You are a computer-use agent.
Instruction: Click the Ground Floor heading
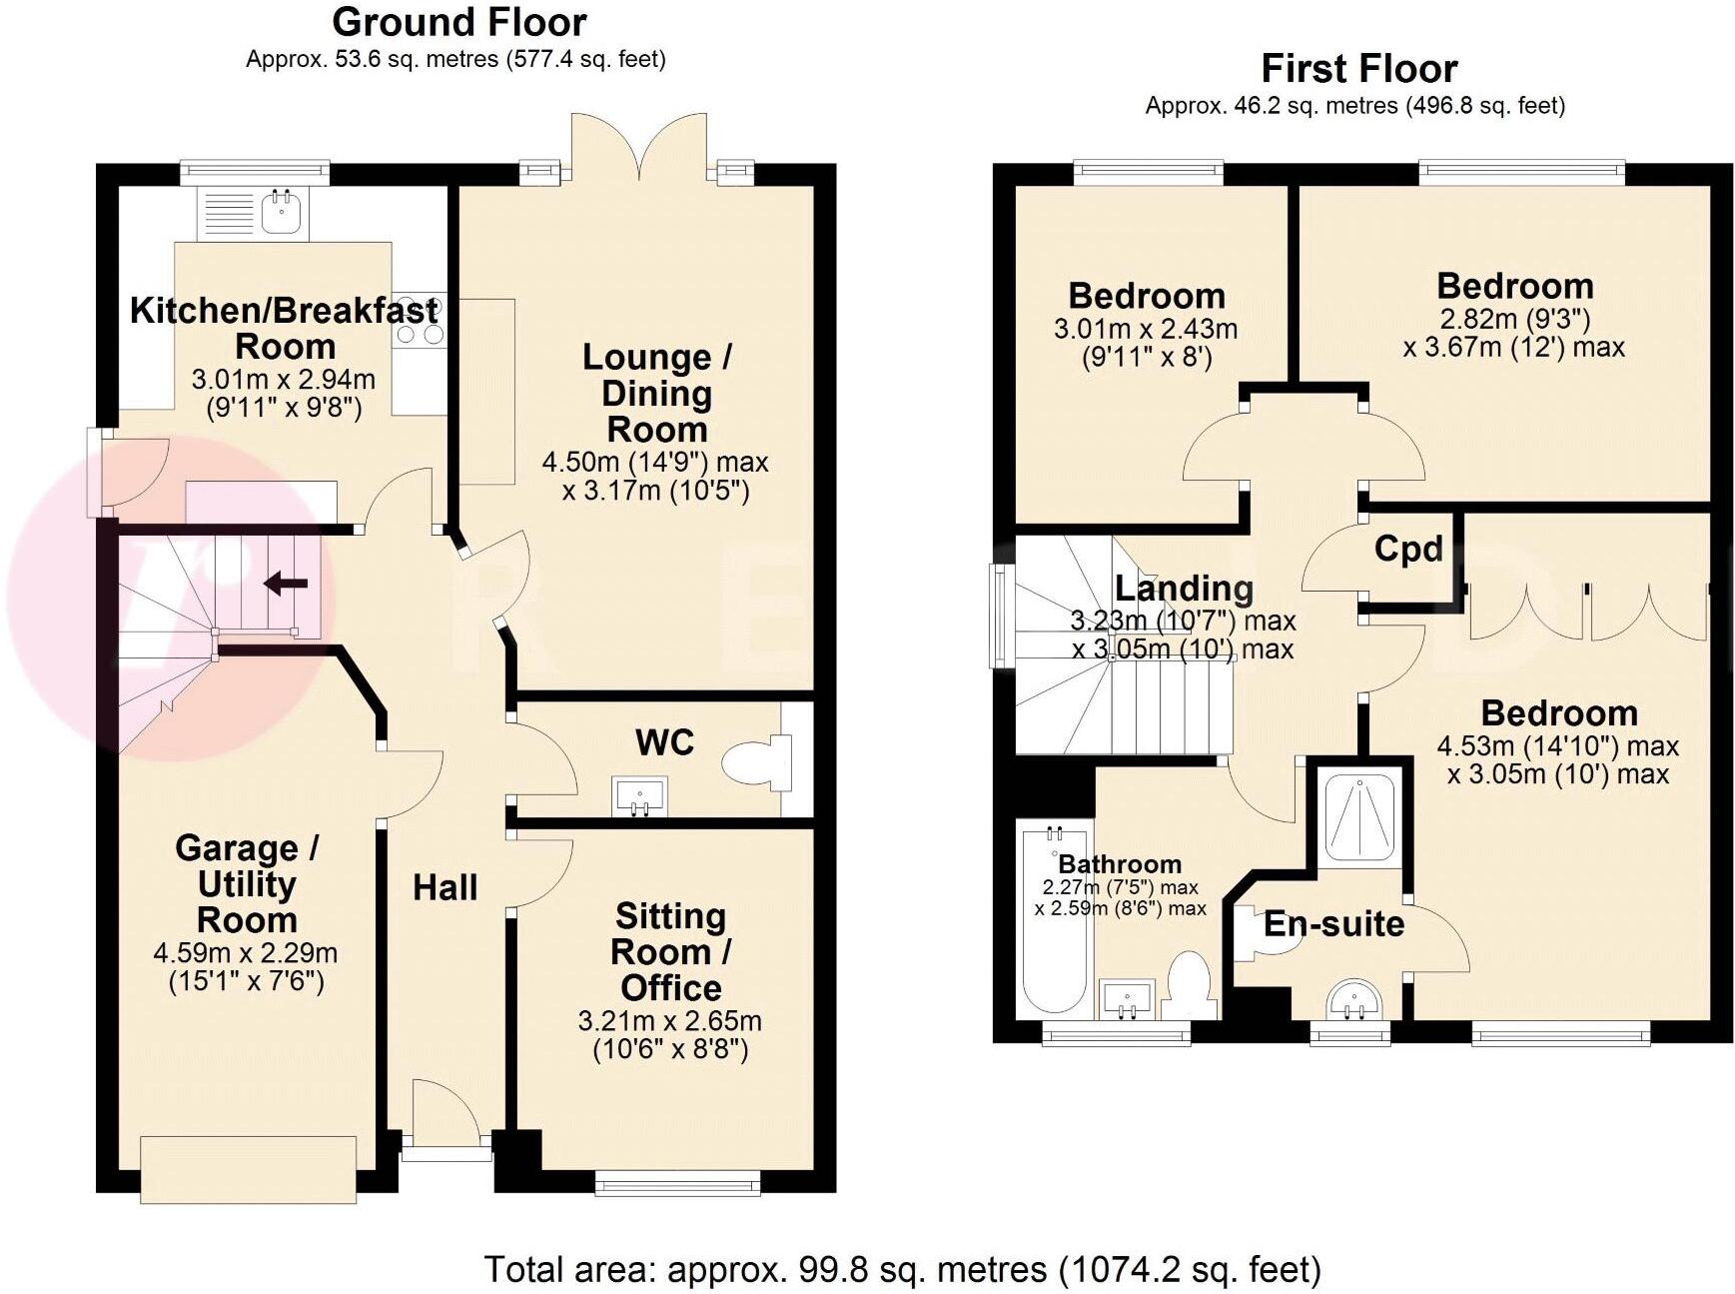[459, 22]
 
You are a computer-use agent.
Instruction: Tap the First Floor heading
[1358, 69]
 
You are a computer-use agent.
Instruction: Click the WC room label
[664, 742]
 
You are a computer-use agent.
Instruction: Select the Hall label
[444, 887]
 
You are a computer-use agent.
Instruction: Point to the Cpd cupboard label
[1408, 549]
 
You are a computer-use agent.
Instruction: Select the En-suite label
[1333, 923]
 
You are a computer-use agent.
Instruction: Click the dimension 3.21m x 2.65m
[669, 1021]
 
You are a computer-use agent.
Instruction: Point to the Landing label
[1184, 588]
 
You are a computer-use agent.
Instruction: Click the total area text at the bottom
[902, 1269]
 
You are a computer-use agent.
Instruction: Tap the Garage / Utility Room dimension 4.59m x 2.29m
[245, 953]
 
